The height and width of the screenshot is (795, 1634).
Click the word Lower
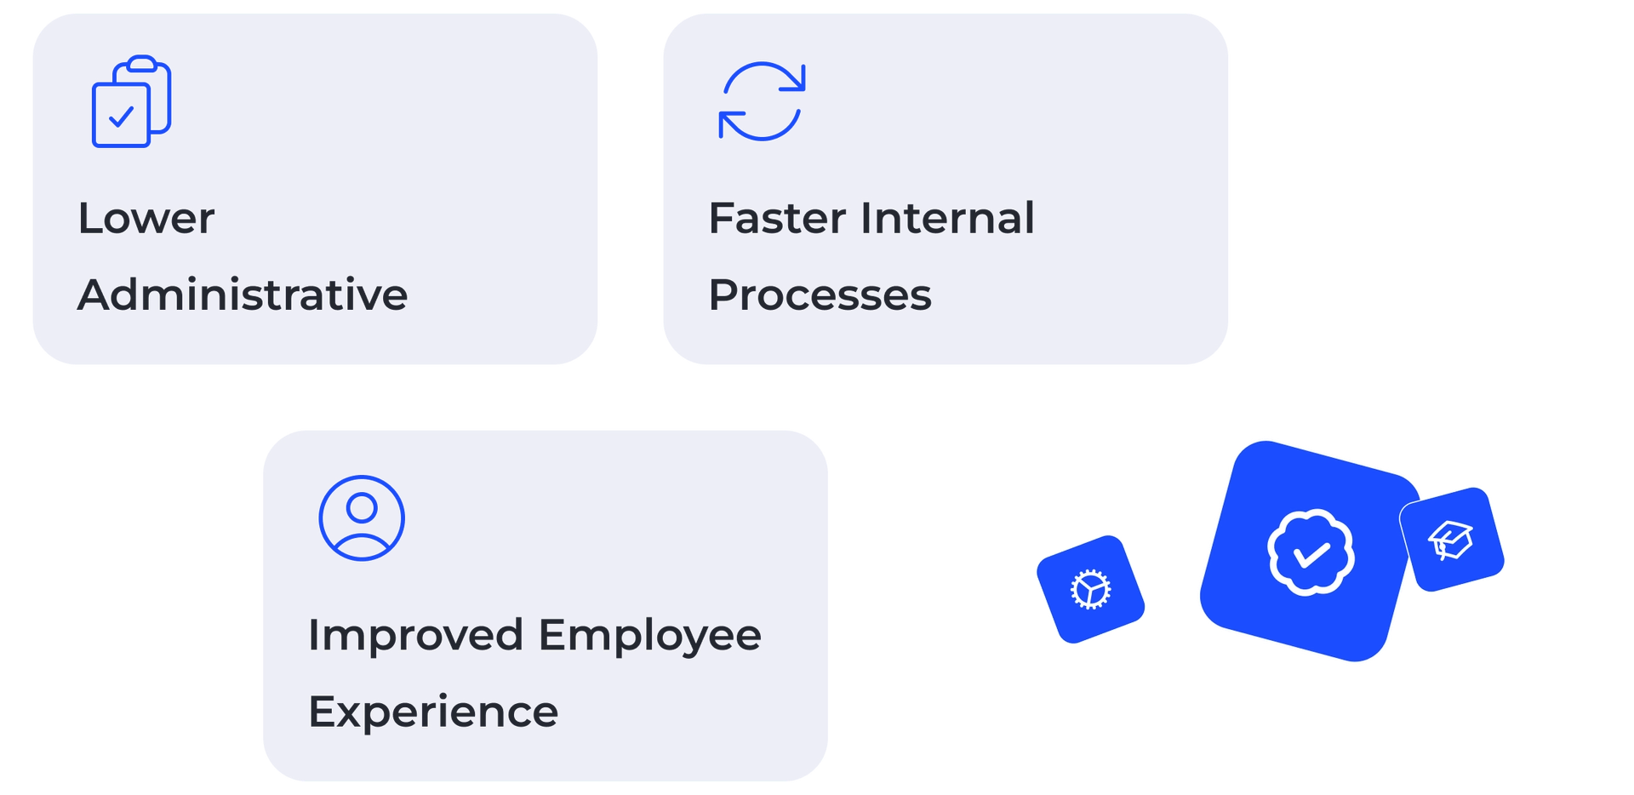pyautogui.click(x=146, y=219)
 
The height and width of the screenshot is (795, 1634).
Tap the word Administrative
pyautogui.click(x=243, y=295)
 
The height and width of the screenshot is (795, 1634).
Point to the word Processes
pyautogui.click(x=820, y=295)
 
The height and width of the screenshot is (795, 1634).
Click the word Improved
pyautogui.click(x=415, y=636)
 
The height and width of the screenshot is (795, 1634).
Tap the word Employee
pyautogui.click(x=649, y=636)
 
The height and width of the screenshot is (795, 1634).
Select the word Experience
pyautogui.click(x=433, y=712)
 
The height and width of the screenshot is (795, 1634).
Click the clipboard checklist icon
pyautogui.click(x=131, y=101)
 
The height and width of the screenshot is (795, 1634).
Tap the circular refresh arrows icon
pyautogui.click(x=762, y=101)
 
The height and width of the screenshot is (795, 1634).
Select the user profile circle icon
pyautogui.click(x=362, y=518)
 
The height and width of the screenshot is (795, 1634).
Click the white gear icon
pyautogui.click(x=1090, y=589)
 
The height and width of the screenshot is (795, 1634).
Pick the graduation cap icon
pyautogui.click(x=1451, y=540)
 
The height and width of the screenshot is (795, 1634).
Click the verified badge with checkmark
pyautogui.click(x=1311, y=552)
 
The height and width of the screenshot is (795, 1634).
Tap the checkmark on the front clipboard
pyautogui.click(x=121, y=116)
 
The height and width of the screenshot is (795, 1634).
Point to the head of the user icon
pyautogui.click(x=362, y=507)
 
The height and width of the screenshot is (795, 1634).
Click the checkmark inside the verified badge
pyautogui.click(x=1311, y=555)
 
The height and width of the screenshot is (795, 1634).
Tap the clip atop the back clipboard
pyautogui.click(x=141, y=63)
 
